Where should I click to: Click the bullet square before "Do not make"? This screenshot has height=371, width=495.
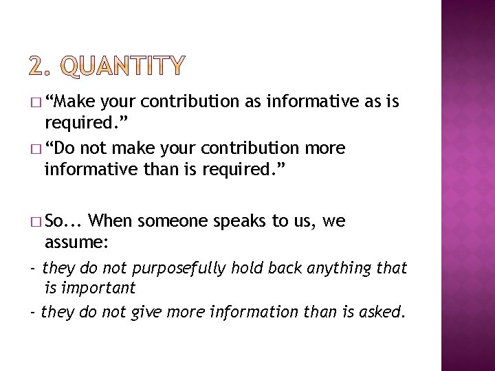coord(36,149)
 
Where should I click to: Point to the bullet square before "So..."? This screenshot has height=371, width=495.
coord(36,222)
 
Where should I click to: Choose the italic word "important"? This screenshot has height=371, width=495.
coord(99,287)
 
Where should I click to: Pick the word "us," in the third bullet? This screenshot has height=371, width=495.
coord(305,221)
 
